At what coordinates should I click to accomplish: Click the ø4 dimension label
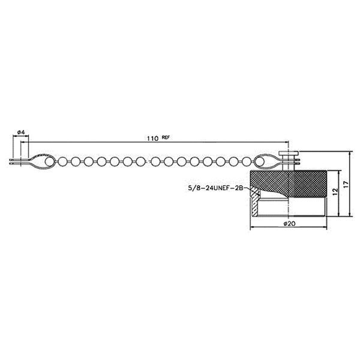tap(20, 132)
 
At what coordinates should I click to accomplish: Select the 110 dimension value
tap(152, 139)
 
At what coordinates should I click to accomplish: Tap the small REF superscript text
tap(166, 137)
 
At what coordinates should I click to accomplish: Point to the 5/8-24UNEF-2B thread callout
tap(215, 188)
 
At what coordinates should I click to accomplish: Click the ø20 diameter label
tap(289, 223)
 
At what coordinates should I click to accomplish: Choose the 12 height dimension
tap(335, 191)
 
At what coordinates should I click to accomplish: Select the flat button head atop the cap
tap(288, 154)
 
